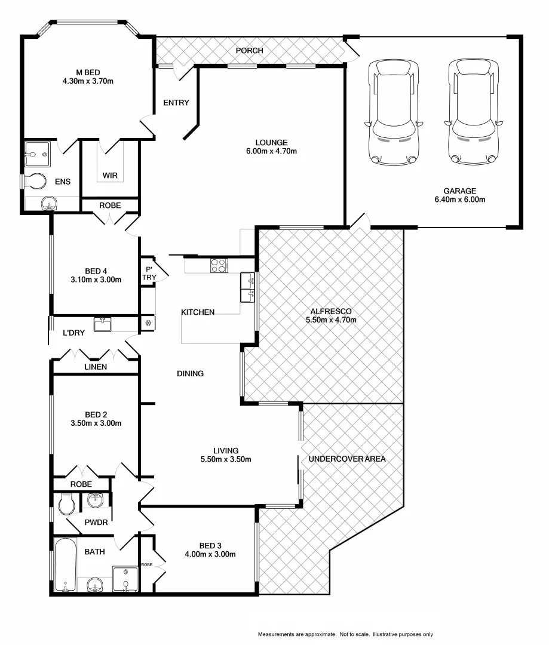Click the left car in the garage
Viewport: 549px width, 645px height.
392,112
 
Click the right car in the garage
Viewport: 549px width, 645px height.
473,112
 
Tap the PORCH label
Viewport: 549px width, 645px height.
249,51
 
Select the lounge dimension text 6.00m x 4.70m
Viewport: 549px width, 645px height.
272,151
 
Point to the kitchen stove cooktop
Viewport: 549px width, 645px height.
218,265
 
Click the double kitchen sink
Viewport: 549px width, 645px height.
247,287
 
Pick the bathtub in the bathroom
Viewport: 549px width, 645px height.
65,565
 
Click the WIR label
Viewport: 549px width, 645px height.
109,176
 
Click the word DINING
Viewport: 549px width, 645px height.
190,374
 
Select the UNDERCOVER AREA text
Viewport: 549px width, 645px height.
347,459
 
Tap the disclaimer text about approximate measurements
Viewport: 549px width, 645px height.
345,634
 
